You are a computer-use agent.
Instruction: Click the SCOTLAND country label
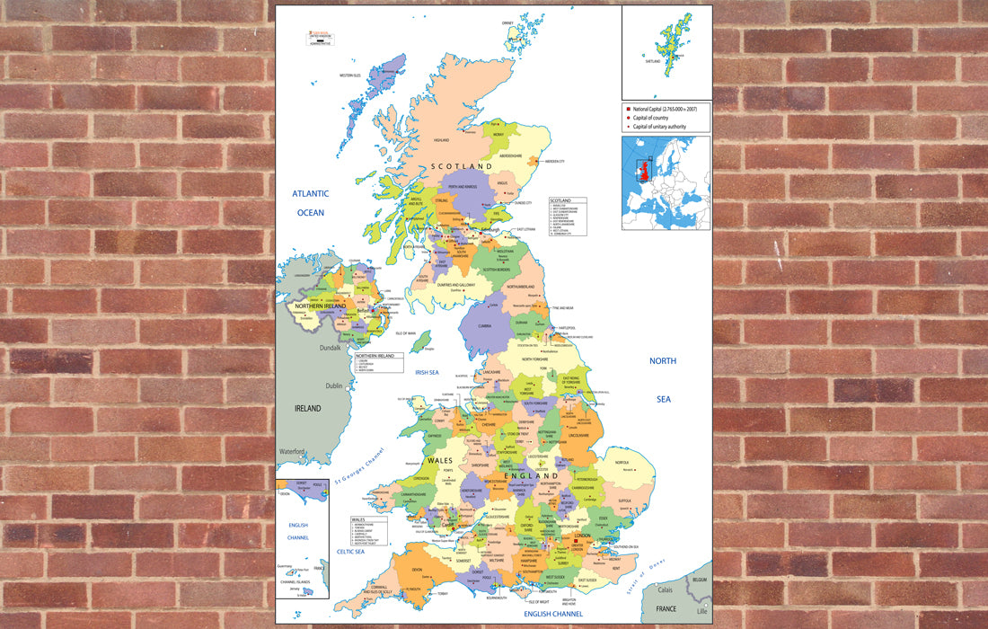pyautogui.click(x=461, y=167)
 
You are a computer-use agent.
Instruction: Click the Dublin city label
pyautogui.click(x=334, y=385)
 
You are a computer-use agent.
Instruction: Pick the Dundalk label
pyautogui.click(x=331, y=347)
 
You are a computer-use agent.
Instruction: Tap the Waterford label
pyautogui.click(x=293, y=451)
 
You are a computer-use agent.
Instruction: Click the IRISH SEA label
pyautogui.click(x=427, y=372)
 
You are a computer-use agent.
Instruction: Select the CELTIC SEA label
pyautogui.click(x=349, y=551)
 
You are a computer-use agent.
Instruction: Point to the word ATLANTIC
pyautogui.click(x=310, y=193)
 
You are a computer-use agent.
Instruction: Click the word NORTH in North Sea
pyautogui.click(x=663, y=361)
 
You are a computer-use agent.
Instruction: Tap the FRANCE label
pyautogui.click(x=666, y=608)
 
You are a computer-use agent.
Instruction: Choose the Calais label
pyautogui.click(x=665, y=590)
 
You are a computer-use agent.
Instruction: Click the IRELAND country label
pyautogui.click(x=308, y=408)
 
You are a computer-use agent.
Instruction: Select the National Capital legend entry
pyautogui.click(x=665, y=109)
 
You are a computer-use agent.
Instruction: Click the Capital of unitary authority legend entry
pyautogui.click(x=660, y=127)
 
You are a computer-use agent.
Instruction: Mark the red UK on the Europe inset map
pyautogui.click(x=643, y=171)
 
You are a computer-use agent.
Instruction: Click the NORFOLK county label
pyautogui.click(x=621, y=464)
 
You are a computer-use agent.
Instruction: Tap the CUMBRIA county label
pyautogui.click(x=484, y=326)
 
